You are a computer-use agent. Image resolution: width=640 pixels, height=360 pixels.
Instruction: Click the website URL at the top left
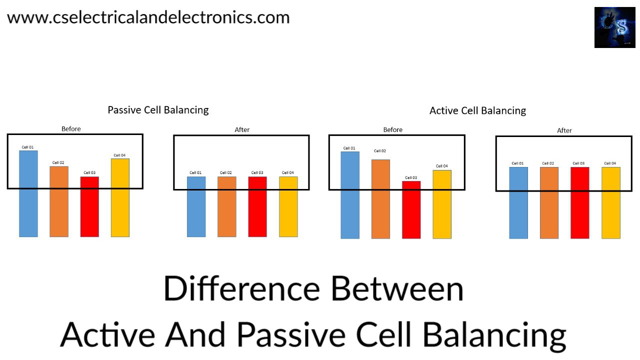(148, 17)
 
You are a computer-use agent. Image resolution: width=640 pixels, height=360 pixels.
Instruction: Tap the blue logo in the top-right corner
(614, 27)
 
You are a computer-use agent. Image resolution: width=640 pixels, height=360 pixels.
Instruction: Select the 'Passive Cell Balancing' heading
(158, 110)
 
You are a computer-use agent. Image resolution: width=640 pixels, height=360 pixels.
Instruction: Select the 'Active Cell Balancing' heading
(477, 110)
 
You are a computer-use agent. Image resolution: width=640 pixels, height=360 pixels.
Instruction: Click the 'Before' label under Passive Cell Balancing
(71, 129)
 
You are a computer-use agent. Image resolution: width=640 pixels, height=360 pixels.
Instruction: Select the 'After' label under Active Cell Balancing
(564, 130)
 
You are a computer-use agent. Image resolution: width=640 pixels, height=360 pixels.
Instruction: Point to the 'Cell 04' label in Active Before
(442, 166)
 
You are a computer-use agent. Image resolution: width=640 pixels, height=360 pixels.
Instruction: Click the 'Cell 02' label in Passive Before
(58, 162)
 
